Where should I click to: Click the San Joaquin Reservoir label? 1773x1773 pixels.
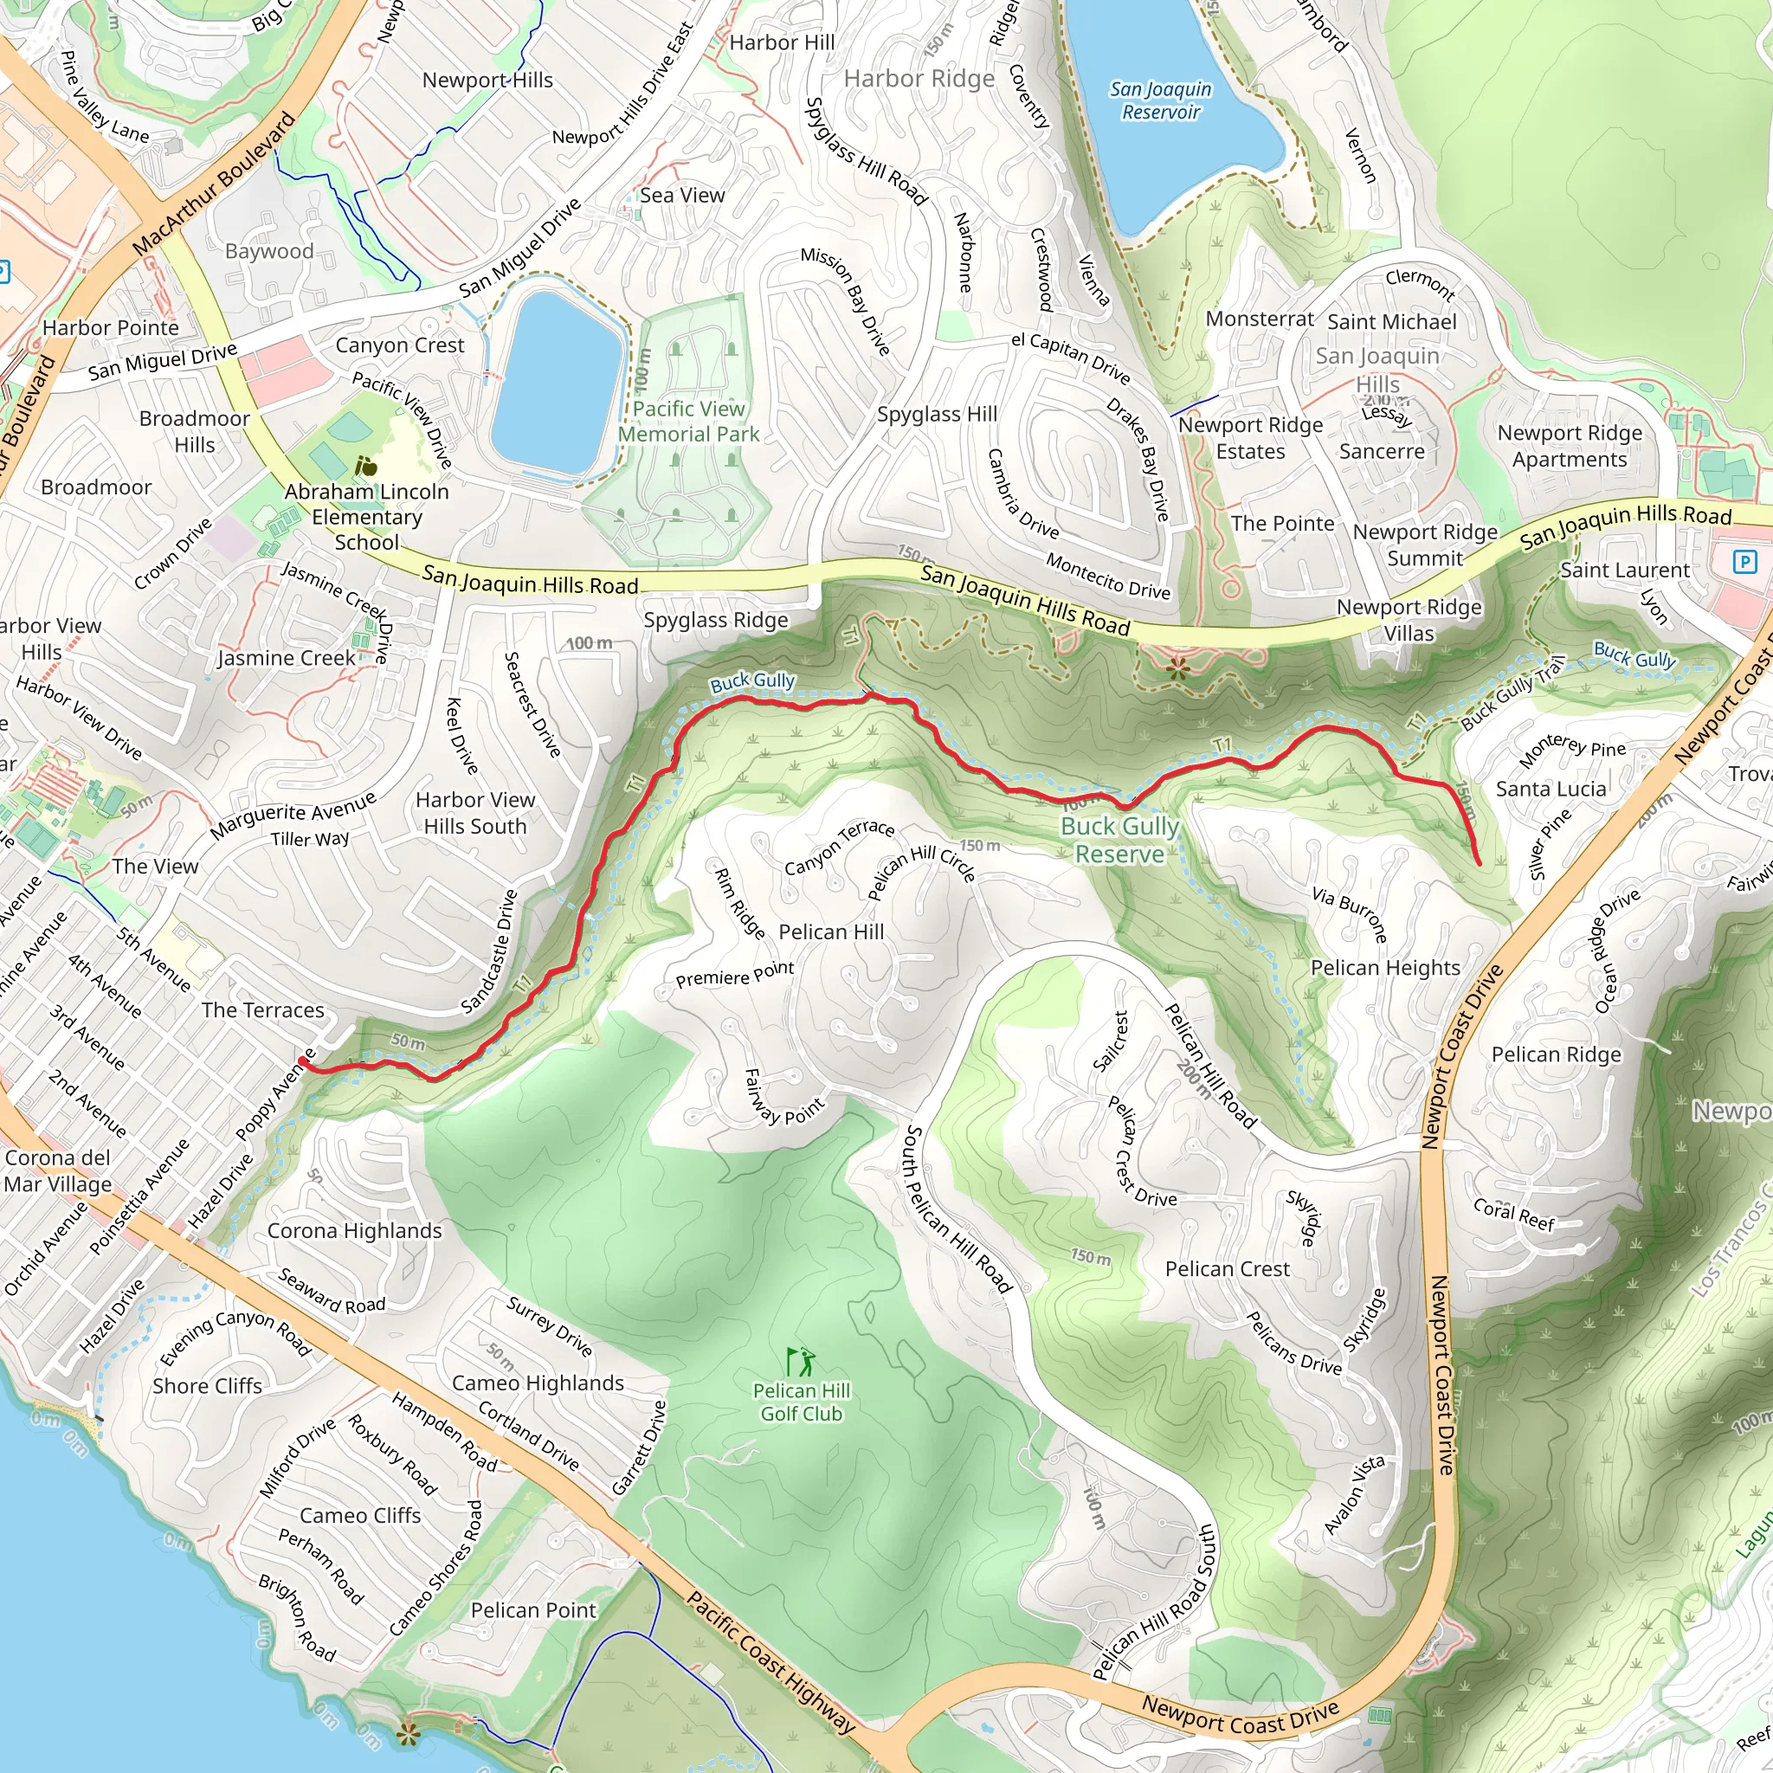[1160, 100]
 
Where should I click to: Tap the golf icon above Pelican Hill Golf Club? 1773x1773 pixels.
[799, 1361]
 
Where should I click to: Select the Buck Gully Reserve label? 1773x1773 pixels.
[1119, 840]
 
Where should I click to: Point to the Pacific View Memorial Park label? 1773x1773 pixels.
[688, 422]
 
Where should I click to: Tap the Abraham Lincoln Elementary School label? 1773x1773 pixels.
[366, 517]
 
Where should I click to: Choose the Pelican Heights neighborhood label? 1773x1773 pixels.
[1384, 967]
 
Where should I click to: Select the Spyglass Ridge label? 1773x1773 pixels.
[716, 620]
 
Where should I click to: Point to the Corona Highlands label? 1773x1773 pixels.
[354, 1231]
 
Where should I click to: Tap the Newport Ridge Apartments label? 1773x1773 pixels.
[1570, 446]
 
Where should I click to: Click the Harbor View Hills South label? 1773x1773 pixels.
[474, 812]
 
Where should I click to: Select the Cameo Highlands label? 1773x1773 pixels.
[538, 1382]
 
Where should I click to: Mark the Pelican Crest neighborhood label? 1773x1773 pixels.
[1227, 1268]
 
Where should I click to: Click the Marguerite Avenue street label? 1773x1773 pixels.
[293, 815]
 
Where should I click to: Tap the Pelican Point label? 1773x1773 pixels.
[533, 1609]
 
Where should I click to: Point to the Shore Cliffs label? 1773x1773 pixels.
[208, 1386]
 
